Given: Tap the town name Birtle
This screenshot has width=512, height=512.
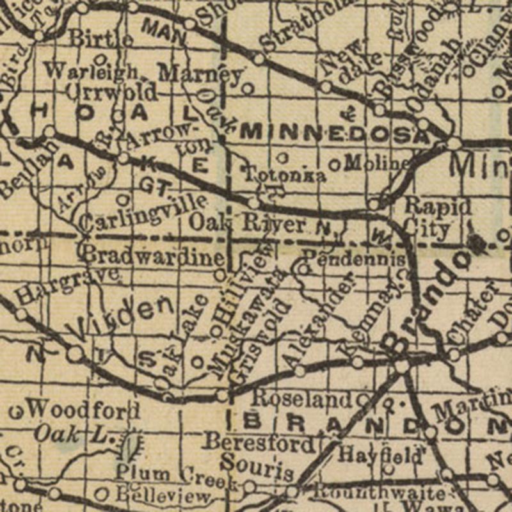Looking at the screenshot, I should tap(101, 38).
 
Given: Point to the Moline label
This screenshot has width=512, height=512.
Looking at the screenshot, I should tap(377, 164).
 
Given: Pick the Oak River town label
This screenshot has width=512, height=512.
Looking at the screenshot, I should tap(248, 225).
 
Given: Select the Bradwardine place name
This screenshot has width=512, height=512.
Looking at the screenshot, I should tap(154, 255).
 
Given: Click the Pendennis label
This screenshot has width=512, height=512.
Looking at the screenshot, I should tap(354, 259).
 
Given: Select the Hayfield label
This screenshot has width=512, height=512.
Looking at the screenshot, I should tap(380, 456).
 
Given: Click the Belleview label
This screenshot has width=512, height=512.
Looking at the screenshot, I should tap(162, 495).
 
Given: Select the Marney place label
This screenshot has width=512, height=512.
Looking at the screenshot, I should tap(200, 73).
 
